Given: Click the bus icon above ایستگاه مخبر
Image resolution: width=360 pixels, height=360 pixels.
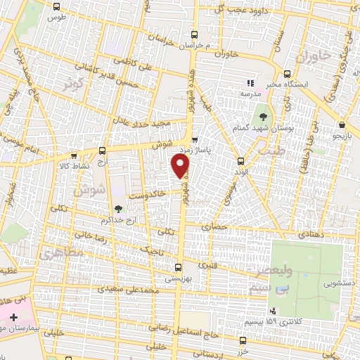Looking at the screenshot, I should [x=287, y=73].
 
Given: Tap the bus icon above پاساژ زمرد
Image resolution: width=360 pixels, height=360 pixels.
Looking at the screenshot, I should [x=195, y=139].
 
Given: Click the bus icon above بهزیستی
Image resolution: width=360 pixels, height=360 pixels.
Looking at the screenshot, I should [x=178, y=266].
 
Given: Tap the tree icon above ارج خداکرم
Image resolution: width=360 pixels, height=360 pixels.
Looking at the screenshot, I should [x=117, y=208].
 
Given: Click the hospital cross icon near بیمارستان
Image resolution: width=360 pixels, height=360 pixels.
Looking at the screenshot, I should [x=13, y=319].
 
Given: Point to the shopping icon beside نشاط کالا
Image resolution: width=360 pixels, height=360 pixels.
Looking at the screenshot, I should [x=103, y=150].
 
